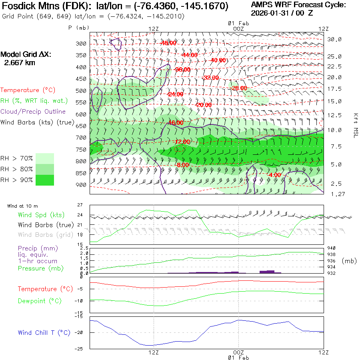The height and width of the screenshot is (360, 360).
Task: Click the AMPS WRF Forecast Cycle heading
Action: point(298,5)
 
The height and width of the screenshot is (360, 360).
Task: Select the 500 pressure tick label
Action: point(81,90)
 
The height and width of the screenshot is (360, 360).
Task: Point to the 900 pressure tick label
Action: point(81,185)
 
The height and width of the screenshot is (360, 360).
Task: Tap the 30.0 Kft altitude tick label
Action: point(334,39)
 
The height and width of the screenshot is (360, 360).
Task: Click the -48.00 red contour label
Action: point(168,43)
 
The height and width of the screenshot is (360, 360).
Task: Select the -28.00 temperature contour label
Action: point(239,88)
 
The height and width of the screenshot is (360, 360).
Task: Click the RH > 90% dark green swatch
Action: point(45,180)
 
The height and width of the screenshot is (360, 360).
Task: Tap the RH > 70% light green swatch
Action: point(45,158)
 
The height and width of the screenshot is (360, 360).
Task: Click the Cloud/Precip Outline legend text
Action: point(33,112)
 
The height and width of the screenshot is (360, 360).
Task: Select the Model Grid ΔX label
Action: point(26,54)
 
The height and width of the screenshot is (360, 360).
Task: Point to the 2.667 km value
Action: point(19,63)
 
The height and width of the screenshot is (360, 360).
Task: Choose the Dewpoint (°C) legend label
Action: point(44,301)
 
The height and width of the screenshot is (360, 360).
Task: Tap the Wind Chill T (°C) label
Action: point(44,332)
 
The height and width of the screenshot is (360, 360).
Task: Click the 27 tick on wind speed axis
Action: point(80,205)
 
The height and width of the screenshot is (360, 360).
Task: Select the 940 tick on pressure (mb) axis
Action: point(332,248)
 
